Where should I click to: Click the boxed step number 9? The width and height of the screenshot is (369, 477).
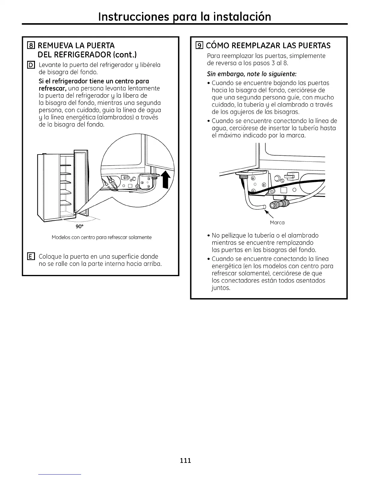tap(199, 46)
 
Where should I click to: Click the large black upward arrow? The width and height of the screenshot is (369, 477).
tap(166, 182)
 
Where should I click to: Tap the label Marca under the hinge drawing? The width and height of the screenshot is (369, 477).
tap(277, 223)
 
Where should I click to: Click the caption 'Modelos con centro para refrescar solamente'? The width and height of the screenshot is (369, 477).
tap(102, 237)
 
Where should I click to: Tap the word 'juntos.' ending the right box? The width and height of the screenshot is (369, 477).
tap(221, 288)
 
